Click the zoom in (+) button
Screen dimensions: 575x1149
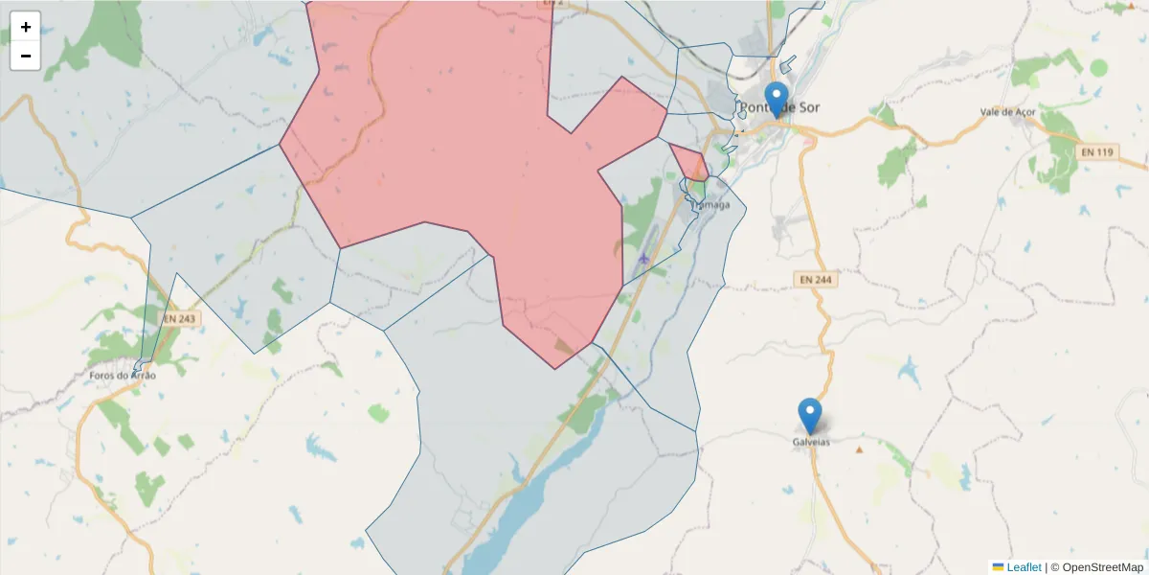click(x=26, y=27)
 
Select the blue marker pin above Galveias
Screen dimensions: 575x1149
click(x=810, y=415)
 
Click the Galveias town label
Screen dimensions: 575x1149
click(x=811, y=442)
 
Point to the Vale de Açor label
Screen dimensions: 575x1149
click(x=1008, y=112)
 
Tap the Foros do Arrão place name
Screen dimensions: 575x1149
click(x=122, y=376)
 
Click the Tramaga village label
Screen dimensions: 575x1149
click(x=710, y=205)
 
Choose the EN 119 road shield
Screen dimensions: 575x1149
click(x=1097, y=152)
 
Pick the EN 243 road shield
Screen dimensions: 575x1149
click(x=179, y=318)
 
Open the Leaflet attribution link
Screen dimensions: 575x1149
click(x=1024, y=567)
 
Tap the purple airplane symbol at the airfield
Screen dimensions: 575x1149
click(x=643, y=258)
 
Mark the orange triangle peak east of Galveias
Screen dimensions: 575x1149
click(x=860, y=449)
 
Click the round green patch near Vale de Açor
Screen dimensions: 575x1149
click(x=1098, y=68)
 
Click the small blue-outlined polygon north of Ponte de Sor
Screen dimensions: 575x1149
click(x=788, y=65)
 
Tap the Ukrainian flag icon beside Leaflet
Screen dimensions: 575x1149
click(x=999, y=567)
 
